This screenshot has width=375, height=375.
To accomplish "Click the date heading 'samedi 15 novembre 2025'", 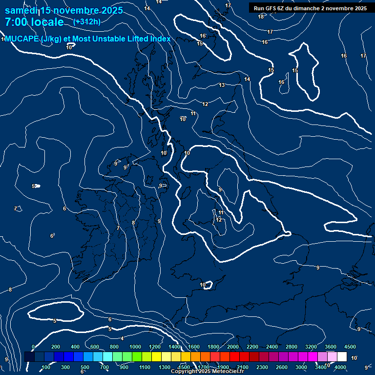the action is click(63, 10).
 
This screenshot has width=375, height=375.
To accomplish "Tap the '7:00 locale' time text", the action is click(34, 22).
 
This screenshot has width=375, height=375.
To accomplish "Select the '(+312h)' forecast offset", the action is click(87, 21).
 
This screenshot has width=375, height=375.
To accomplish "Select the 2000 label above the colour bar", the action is click(233, 347).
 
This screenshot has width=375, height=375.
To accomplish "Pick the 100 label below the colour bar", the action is click(46, 367).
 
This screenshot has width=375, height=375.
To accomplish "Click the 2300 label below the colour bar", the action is click(262, 367).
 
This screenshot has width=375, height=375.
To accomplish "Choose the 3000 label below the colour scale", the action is click(301, 367).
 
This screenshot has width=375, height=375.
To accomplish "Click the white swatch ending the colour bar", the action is click(342, 357).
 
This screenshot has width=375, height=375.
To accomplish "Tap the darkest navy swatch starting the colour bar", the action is click(29, 357).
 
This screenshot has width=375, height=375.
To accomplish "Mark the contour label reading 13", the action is click(222, 85).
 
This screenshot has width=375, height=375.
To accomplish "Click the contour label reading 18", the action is click(261, 17).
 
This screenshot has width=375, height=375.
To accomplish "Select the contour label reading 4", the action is click(122, 338).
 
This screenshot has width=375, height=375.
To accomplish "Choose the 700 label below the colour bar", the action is click(104, 367).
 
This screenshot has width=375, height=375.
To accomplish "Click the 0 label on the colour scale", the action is click(33, 347).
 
